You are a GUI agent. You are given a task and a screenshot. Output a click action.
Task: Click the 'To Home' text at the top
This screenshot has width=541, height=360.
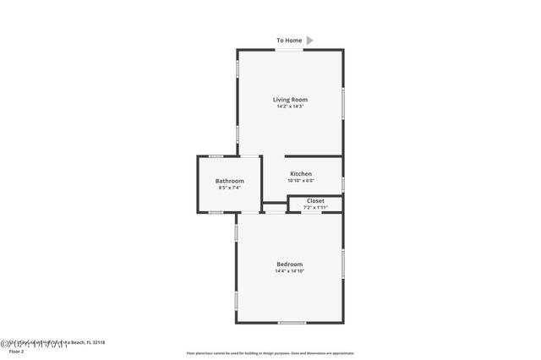click(x=289, y=40)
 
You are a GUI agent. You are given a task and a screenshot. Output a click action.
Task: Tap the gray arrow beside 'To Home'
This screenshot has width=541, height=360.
click(x=309, y=40)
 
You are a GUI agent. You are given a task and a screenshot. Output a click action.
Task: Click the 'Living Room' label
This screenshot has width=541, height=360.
click(x=289, y=100)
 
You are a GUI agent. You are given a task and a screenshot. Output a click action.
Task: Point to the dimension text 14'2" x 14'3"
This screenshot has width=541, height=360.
click(x=289, y=106)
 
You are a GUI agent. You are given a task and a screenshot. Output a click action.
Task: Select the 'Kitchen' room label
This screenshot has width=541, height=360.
click(x=301, y=174)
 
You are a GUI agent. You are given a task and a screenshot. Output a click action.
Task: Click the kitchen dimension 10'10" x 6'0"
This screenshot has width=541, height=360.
click(x=301, y=181)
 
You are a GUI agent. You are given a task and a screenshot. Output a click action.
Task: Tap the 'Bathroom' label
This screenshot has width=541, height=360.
click(x=229, y=181)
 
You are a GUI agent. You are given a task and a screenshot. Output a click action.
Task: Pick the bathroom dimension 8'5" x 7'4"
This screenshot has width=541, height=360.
click(x=229, y=188)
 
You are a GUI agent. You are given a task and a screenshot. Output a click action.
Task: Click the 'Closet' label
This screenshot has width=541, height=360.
click(x=315, y=200)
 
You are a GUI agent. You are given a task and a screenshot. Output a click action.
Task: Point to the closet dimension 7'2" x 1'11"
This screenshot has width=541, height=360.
click(x=315, y=207)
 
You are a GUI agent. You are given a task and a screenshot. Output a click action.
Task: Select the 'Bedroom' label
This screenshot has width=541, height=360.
click(x=289, y=264)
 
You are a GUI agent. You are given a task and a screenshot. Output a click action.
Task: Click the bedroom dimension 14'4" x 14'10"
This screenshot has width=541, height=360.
click(x=289, y=271)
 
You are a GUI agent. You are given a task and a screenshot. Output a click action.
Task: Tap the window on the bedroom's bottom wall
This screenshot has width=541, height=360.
click(x=292, y=323)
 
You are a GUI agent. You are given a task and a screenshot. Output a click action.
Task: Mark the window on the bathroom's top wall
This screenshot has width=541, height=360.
click(x=216, y=155)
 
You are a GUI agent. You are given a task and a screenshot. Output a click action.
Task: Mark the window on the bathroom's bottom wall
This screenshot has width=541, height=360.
click(x=216, y=212)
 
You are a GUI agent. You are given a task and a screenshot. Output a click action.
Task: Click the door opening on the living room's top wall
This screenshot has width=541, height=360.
click(x=289, y=50)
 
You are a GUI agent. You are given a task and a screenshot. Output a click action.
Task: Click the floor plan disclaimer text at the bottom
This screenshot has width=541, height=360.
click(x=270, y=353)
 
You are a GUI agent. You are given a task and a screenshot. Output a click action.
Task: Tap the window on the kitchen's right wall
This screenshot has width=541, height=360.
click(x=343, y=183)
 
